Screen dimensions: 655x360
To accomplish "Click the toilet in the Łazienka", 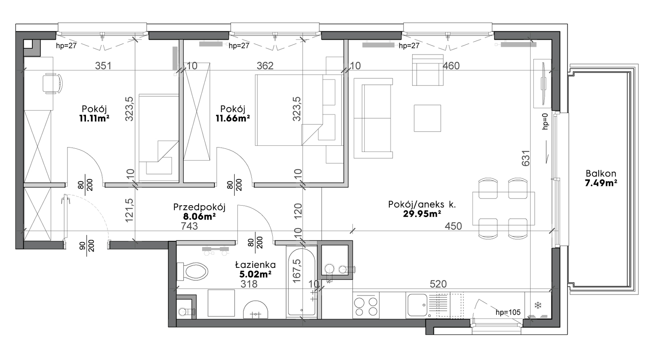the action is [192, 271].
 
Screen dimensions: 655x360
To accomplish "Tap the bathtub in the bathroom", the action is [302, 283].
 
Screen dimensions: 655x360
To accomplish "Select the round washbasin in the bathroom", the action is [255, 310].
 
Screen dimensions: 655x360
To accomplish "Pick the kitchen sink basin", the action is [417, 305].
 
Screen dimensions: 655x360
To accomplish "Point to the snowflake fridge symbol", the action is [538, 306].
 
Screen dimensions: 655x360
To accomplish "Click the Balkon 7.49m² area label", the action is [601, 178].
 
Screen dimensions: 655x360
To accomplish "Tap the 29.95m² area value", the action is [422, 214].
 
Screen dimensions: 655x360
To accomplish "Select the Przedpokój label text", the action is [199, 207].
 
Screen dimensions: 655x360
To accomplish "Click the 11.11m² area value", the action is [94, 118].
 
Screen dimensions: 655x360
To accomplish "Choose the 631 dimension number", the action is [526, 158].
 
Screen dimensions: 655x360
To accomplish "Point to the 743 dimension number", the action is [189, 226].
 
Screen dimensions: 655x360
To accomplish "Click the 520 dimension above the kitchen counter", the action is [438, 284].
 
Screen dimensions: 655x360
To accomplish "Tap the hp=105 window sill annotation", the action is [508, 312].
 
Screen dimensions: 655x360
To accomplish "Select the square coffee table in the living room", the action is [427, 118].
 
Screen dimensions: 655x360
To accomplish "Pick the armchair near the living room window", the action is [427, 70].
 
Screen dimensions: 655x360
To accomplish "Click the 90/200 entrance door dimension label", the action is [87, 246].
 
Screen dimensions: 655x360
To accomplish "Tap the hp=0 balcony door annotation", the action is [545, 121].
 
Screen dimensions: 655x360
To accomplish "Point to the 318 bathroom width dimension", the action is [249, 284].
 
